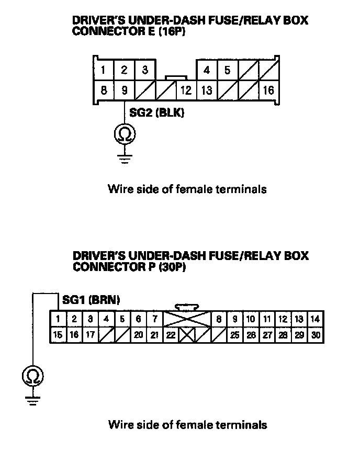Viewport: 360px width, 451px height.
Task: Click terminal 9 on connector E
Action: tap(125, 90)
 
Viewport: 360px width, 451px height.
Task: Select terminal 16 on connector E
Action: tap(268, 90)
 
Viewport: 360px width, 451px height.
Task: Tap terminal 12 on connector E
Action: tap(186, 90)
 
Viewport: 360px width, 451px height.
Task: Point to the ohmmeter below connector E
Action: tap(125, 134)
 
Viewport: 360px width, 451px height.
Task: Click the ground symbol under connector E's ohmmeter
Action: tap(125, 157)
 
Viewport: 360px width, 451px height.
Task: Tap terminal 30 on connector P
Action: tap(315, 335)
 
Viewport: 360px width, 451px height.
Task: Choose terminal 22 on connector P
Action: tap(171, 335)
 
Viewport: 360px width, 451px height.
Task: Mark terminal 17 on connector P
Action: tap(91, 335)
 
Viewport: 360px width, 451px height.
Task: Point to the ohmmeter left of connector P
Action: tap(32, 375)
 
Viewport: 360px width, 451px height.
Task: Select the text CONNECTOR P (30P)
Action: tap(129, 267)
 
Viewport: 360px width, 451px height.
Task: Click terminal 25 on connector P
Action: tap(235, 335)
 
